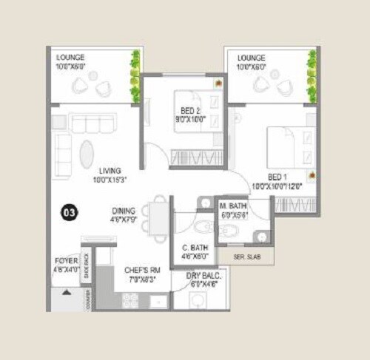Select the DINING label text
[124, 210]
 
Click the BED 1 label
[276, 178]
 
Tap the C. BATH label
[195, 248]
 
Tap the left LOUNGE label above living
[70, 57]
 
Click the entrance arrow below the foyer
[67, 293]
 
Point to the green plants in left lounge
[135, 76]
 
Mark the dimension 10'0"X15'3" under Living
[110, 180]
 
